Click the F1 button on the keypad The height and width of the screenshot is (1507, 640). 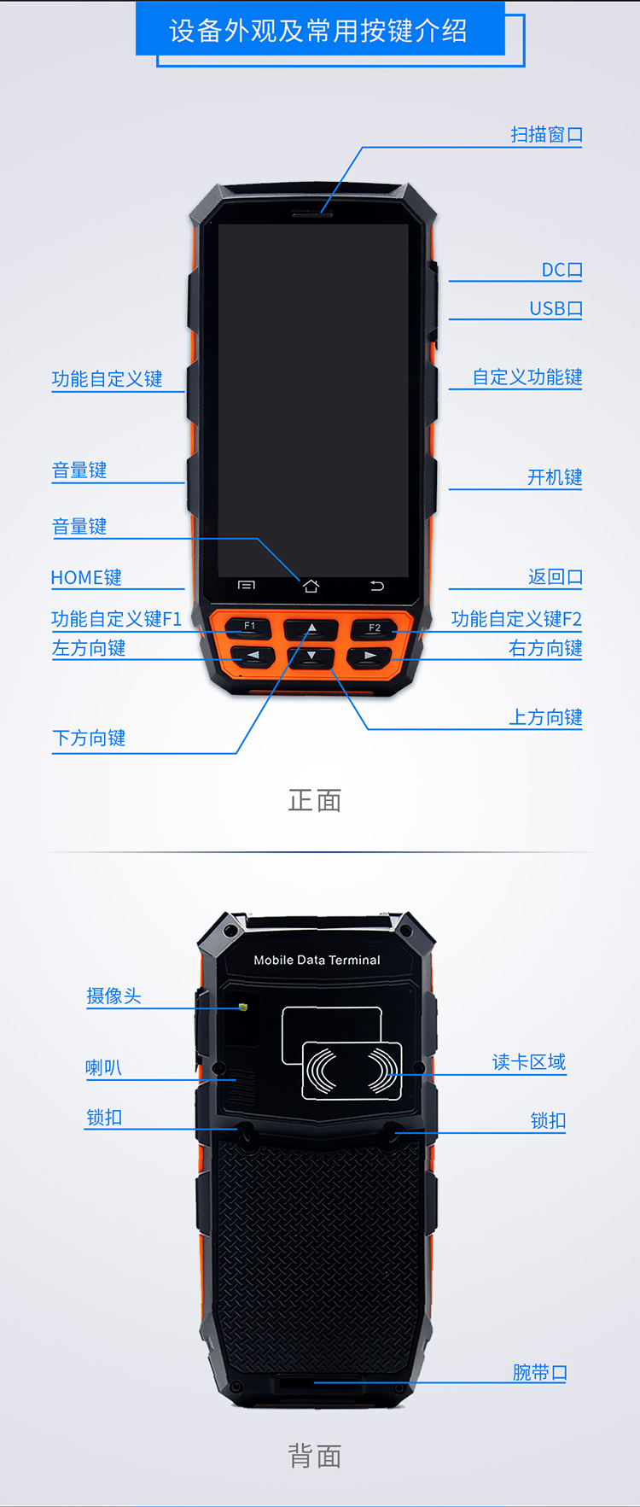pos(250,627)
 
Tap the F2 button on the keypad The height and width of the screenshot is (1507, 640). pos(374,628)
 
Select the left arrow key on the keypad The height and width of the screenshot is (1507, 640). pos(253,656)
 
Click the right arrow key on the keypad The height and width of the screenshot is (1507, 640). pos(369,656)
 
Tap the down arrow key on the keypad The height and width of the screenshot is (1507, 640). pos(311,656)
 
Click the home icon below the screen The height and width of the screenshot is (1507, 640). pos(311,586)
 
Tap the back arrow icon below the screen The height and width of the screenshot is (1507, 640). pos(377,586)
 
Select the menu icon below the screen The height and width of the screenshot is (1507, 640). pos(247,585)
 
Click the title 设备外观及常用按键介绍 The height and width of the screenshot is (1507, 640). pos(318,31)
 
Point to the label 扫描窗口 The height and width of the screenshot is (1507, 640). pos(547,134)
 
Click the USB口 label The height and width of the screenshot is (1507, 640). pos(556,308)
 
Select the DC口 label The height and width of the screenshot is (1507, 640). pos(562,270)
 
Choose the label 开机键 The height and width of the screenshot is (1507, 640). pos(555,477)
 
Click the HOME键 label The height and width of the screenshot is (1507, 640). pos(86,577)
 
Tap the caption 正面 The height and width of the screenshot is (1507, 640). pos(315,800)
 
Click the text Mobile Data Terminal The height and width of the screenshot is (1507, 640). pos(317,960)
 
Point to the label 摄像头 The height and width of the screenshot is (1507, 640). pos(113,996)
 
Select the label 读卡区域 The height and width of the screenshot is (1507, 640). pos(529,1061)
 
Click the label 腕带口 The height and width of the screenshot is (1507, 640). pos(540,1372)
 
